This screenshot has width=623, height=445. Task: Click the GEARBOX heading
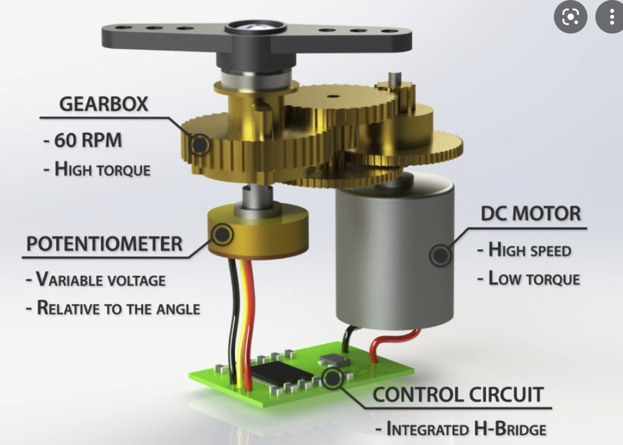tap(104, 104)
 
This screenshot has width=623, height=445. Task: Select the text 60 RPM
tap(88, 140)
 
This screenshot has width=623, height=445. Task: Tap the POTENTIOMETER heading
tap(104, 244)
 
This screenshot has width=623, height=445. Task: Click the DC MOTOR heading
tap(531, 214)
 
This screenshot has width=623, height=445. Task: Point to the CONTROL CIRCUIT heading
tap(458, 394)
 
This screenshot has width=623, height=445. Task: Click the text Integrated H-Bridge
tap(467, 429)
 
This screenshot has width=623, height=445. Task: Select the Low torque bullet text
tap(534, 278)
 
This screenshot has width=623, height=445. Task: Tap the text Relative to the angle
tap(118, 308)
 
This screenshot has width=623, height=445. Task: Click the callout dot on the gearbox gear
tap(200, 145)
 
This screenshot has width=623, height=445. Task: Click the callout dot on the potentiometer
tap(222, 235)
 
